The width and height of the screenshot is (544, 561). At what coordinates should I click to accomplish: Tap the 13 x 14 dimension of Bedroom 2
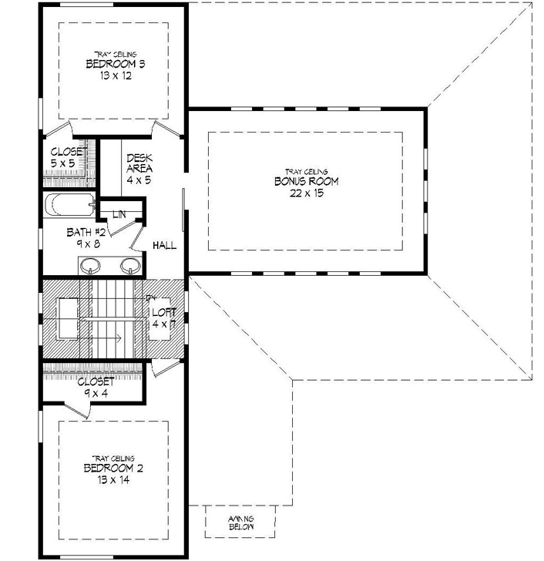click(115, 479)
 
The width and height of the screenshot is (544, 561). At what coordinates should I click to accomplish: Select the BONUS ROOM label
click(307, 182)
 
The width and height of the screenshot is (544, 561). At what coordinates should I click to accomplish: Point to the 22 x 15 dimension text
click(307, 193)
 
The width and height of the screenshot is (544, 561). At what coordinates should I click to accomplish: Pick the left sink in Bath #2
click(92, 267)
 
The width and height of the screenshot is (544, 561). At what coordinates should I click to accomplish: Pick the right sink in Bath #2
click(130, 267)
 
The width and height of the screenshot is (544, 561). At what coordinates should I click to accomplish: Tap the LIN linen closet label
click(119, 213)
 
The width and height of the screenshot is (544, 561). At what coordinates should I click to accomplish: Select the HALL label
click(165, 246)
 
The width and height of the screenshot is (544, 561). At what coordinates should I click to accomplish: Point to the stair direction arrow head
click(119, 338)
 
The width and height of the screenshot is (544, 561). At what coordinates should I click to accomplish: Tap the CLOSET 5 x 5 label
click(69, 158)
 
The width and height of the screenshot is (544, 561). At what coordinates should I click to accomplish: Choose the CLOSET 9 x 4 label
click(96, 387)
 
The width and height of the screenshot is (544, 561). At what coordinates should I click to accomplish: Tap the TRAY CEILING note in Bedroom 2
click(115, 457)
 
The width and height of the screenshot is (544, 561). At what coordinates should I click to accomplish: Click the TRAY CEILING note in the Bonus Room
click(307, 172)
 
